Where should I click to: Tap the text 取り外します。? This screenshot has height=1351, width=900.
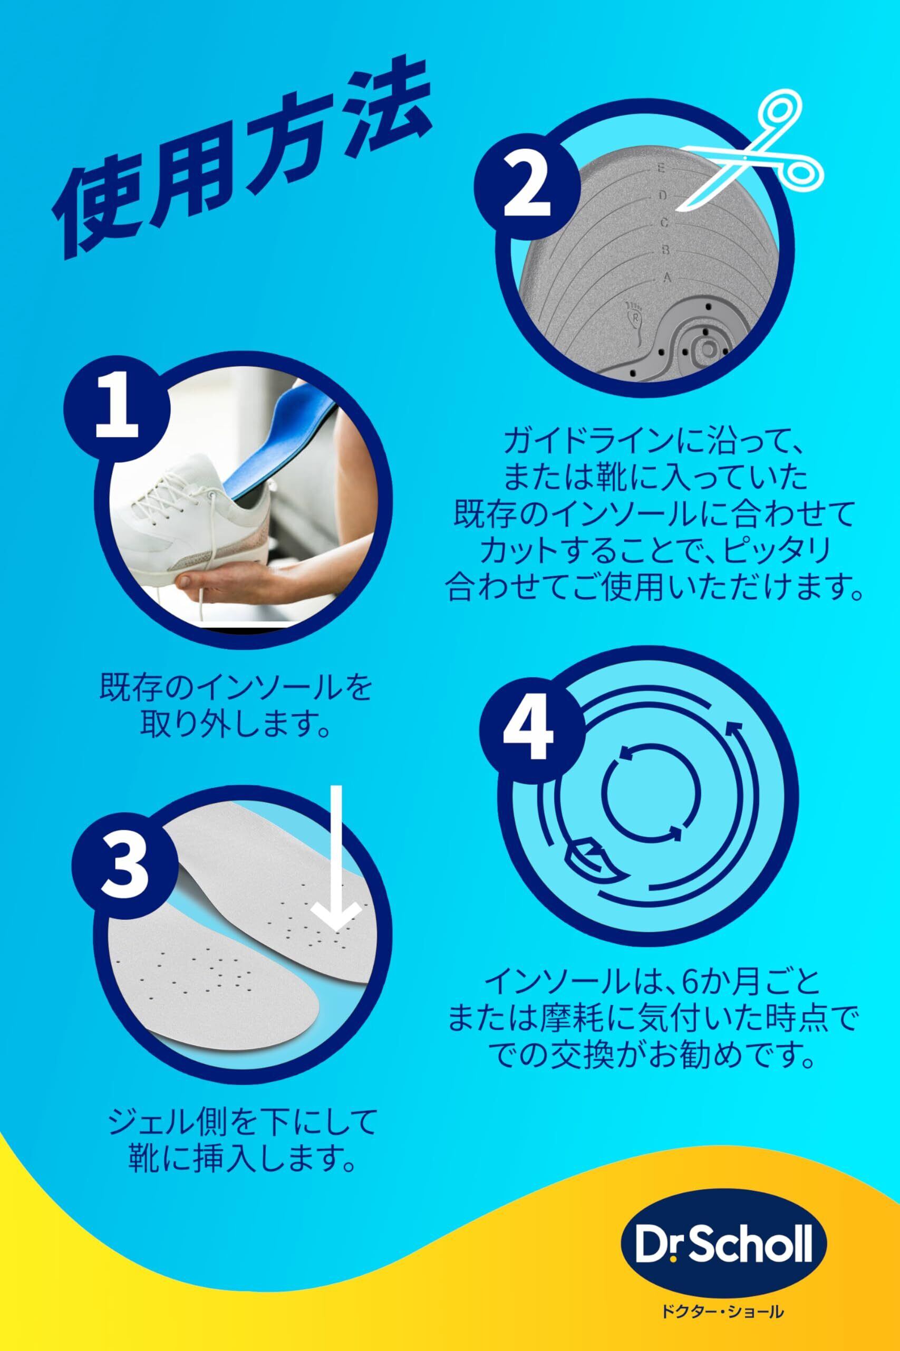pyautogui.click(x=235, y=713)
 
